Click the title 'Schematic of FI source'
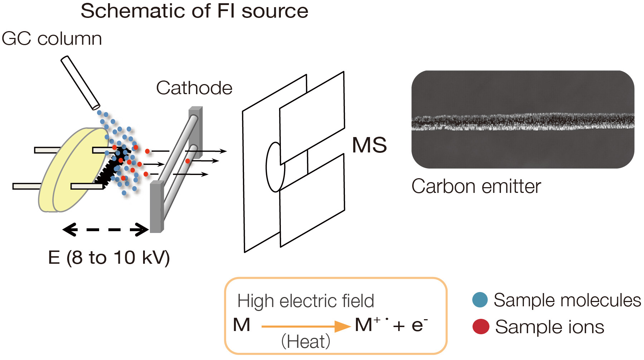tap(194, 11)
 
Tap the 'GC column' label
tap(52, 39)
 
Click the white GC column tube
tap(80, 83)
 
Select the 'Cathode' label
tap(194, 88)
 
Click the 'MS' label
tap(369, 145)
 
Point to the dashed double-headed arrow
tap(106, 230)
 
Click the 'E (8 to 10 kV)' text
tap(109, 258)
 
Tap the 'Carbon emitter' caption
tap(476, 186)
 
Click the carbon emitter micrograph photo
tap(522, 119)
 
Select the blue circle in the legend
tap(480, 300)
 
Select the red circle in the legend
tap(480, 327)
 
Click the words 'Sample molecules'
tap(567, 300)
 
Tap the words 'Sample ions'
tap(549, 327)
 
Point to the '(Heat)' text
tap(306, 341)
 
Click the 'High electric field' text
tap(306, 301)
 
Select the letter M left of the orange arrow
tap(241, 325)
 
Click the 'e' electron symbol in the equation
tap(417, 325)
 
